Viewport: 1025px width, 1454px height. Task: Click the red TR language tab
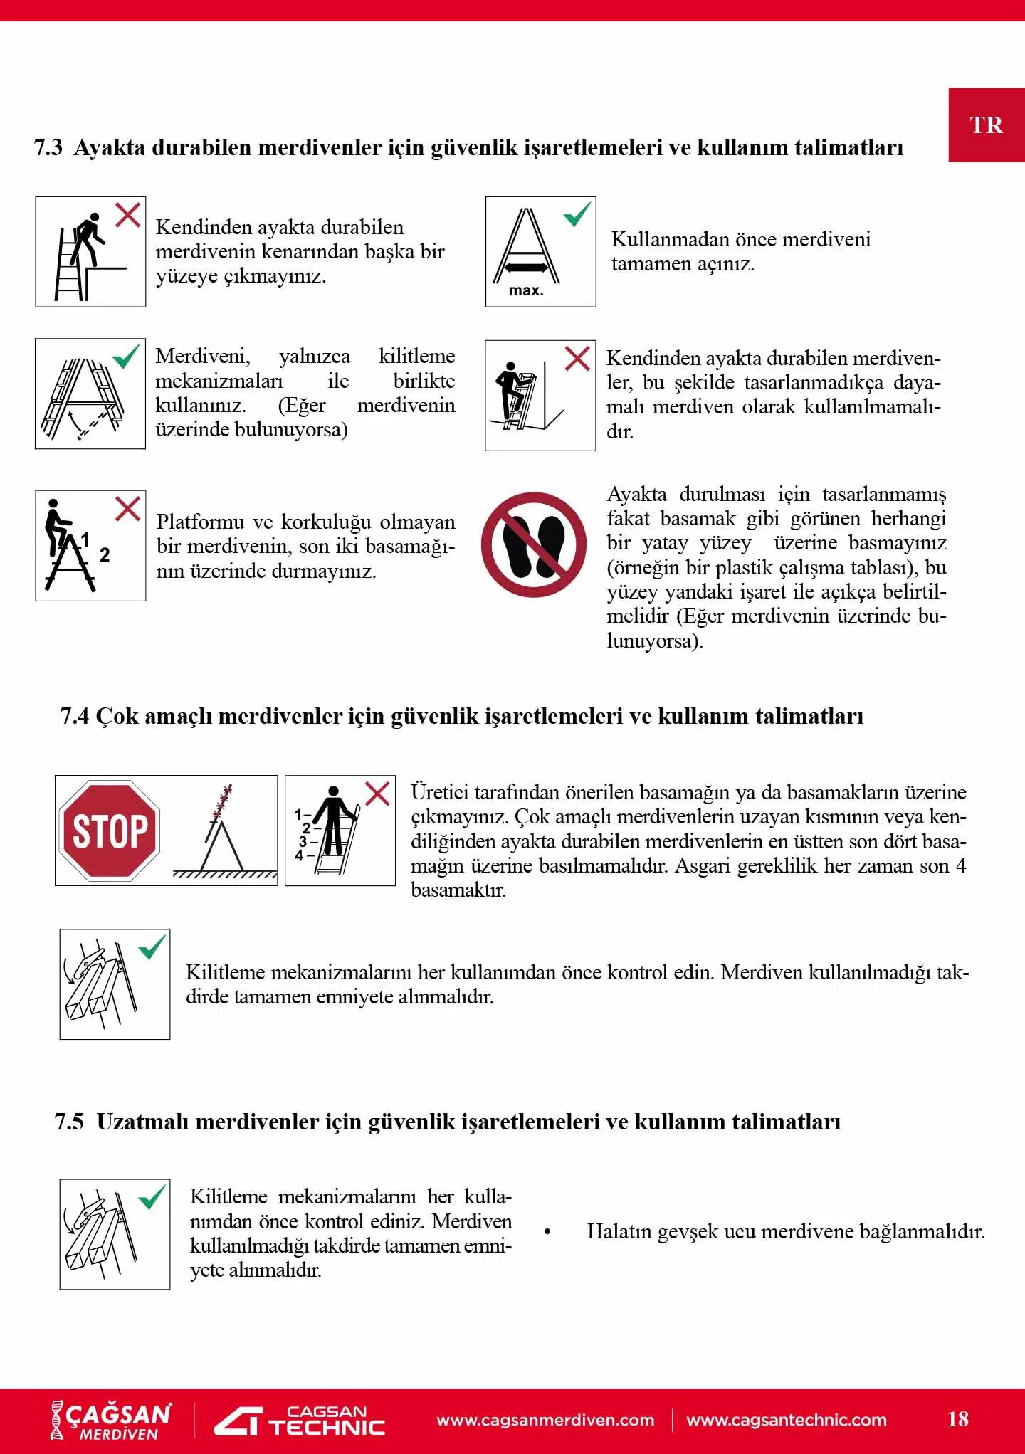986,125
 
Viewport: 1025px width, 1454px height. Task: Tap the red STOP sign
110,831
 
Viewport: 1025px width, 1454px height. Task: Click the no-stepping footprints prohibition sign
534,544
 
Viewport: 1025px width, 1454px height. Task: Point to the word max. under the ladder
526,290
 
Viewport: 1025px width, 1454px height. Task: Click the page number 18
957,1418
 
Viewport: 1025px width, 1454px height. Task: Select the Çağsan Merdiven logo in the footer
111,1421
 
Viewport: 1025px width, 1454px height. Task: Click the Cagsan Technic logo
300,1421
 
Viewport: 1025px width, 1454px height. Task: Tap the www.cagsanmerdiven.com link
545,1420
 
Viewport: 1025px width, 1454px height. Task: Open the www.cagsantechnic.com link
787,1420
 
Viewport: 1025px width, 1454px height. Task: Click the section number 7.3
48,148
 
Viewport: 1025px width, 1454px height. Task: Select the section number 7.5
69,1122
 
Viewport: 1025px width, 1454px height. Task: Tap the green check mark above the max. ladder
577,214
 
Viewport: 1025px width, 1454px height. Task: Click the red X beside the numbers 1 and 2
128,508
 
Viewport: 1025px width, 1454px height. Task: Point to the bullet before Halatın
547,1231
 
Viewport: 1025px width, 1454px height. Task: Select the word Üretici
439,792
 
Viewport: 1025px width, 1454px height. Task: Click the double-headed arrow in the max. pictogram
526,268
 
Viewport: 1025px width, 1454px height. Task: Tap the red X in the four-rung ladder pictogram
377,793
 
